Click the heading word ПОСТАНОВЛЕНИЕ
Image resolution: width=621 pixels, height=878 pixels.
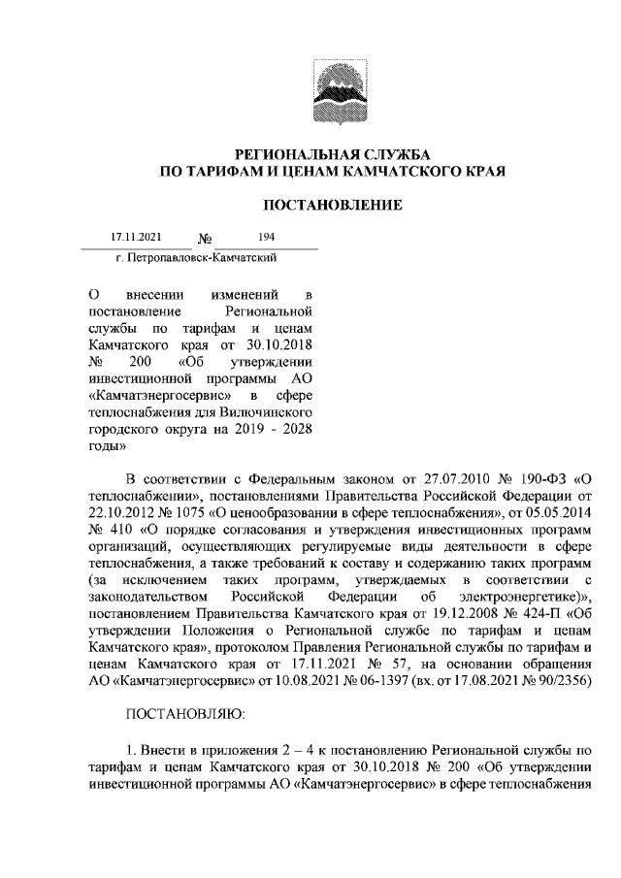[x=333, y=206]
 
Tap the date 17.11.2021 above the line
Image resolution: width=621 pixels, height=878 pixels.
[x=135, y=237]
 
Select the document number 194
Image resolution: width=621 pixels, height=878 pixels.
[x=267, y=237]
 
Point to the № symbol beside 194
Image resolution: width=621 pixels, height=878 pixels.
[x=206, y=240]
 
